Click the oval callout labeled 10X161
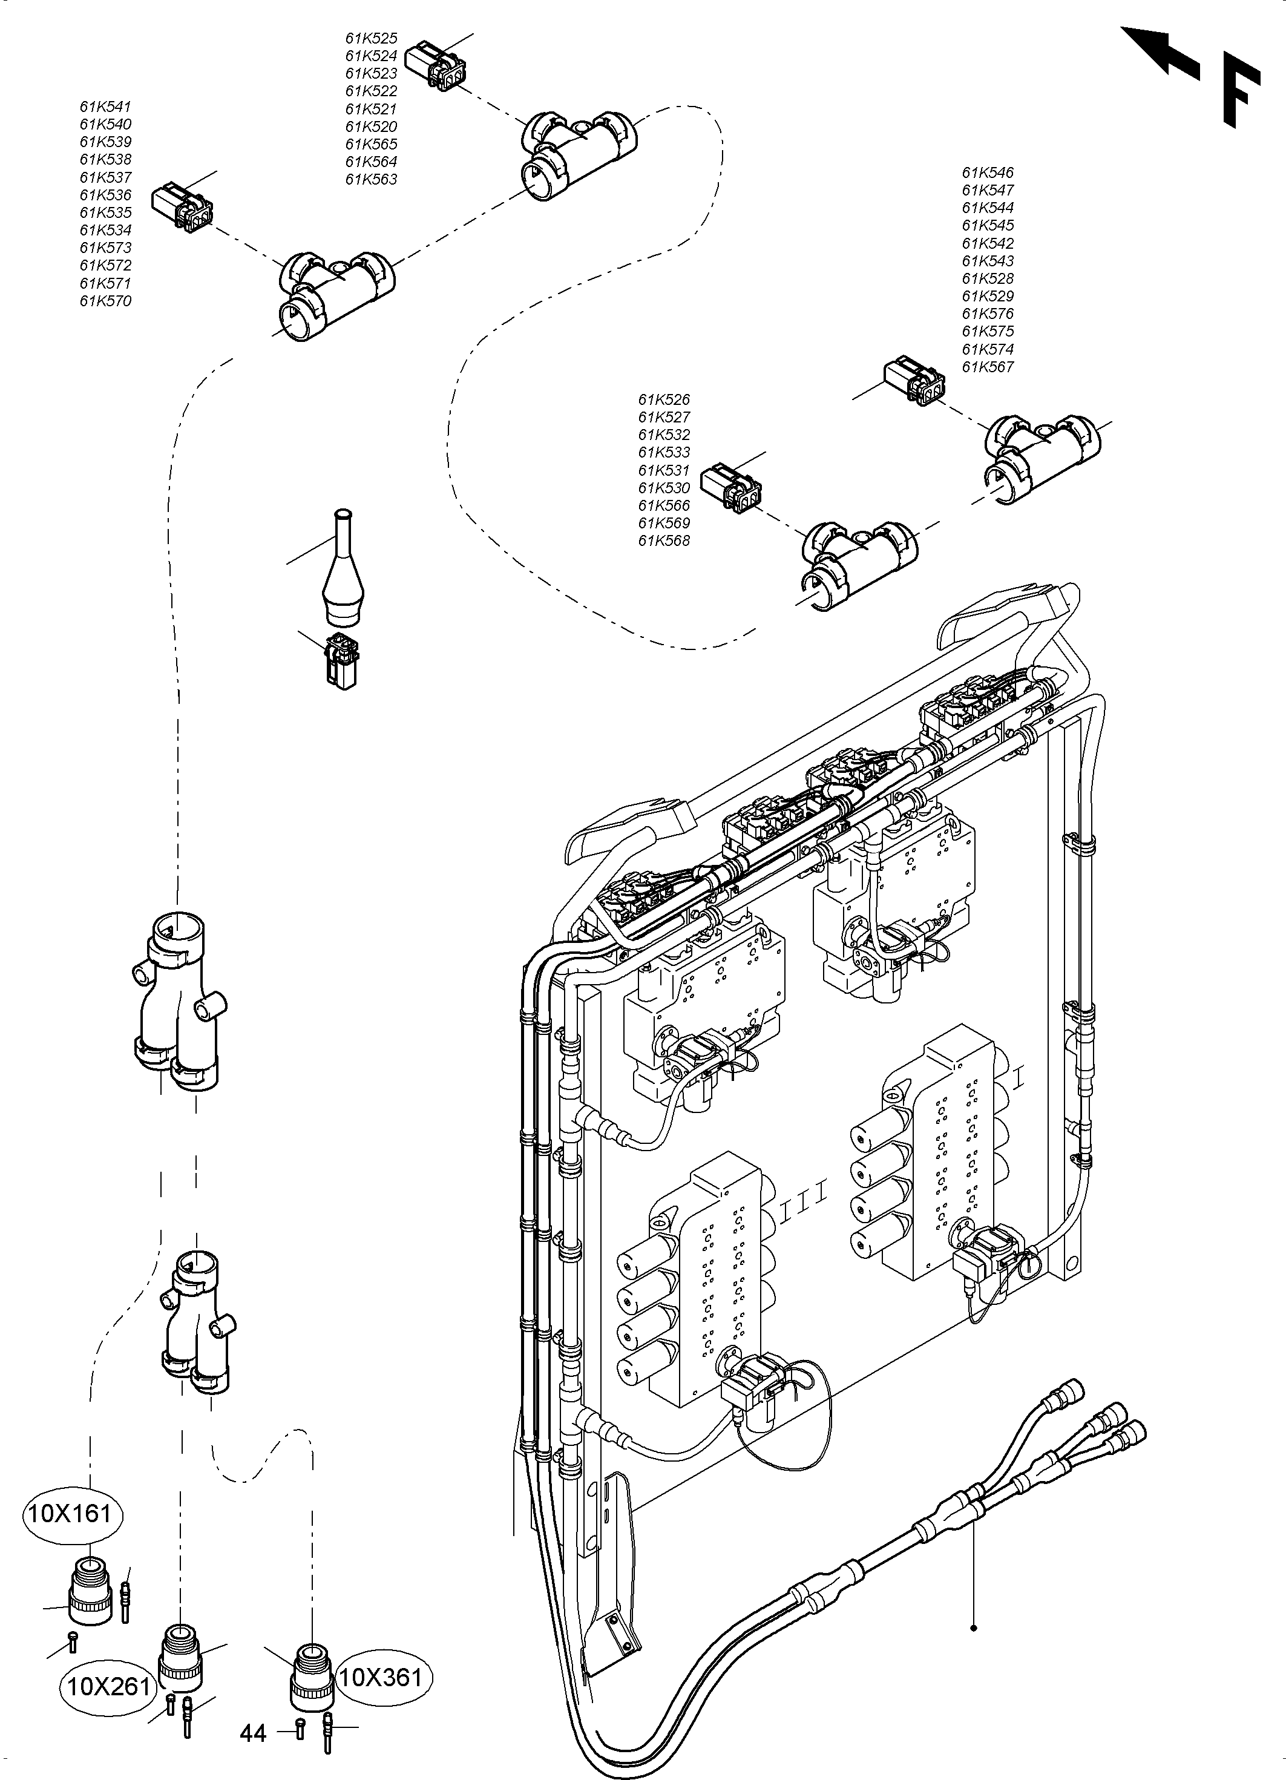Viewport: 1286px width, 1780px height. pos(75,1512)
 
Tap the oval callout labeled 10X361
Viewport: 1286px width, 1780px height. pos(384,1677)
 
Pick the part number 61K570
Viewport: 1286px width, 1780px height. pos(105,301)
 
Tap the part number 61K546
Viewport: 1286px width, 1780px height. pos(988,172)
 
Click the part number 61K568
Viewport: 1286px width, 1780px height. pos(664,540)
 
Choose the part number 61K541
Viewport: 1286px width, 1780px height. pos(105,107)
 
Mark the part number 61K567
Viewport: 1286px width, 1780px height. pos(988,367)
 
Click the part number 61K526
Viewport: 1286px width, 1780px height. pos(664,399)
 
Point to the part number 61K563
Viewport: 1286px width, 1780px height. pos(371,179)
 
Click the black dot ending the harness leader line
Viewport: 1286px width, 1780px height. pos(974,1627)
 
